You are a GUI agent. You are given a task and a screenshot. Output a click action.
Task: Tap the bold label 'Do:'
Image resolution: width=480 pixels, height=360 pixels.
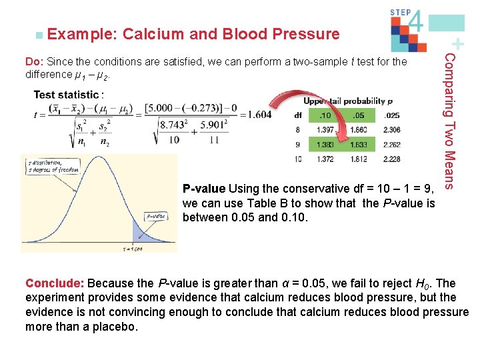35,62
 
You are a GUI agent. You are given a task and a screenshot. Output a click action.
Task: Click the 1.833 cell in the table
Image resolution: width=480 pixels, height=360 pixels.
361,144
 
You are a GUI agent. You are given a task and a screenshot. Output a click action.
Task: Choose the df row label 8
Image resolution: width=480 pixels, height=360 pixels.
297,130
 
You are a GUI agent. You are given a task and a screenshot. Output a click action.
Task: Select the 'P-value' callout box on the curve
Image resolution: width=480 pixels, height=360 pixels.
157,216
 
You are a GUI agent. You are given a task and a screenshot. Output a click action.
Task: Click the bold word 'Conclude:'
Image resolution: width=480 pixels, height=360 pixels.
55,283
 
